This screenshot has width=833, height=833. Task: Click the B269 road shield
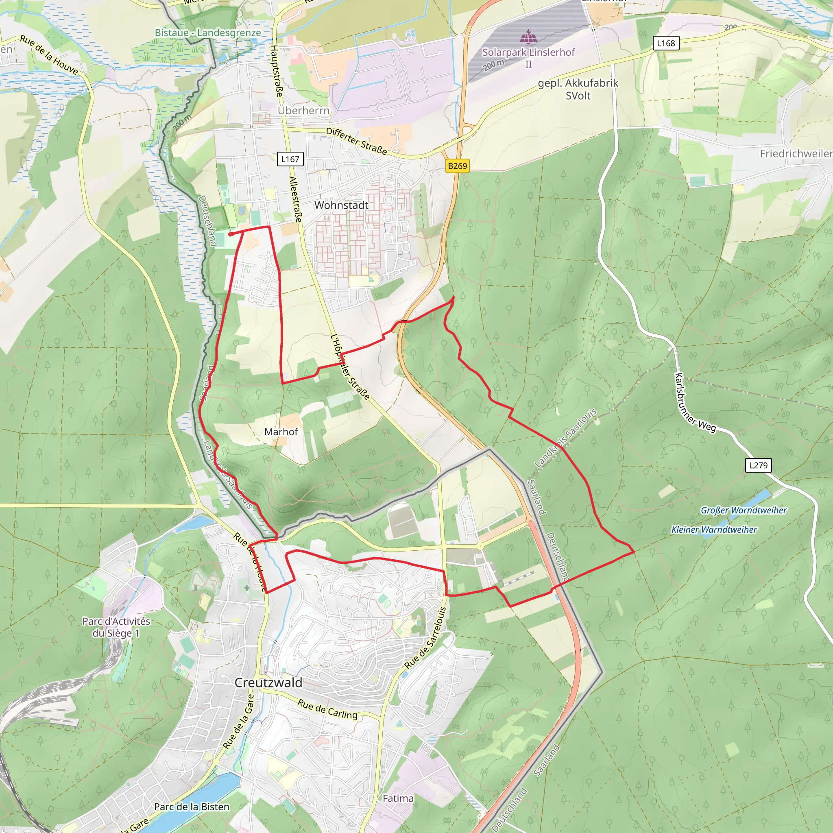click(458, 166)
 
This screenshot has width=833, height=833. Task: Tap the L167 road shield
click(290, 159)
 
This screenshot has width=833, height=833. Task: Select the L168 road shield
click(666, 43)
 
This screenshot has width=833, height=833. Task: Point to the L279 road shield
click(759, 465)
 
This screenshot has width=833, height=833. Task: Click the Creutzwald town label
click(268, 683)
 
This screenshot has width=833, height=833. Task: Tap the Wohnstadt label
click(341, 205)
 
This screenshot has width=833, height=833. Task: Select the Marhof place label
click(281, 432)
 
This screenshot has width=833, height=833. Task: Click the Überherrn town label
click(303, 110)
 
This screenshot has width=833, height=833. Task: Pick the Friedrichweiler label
click(796, 153)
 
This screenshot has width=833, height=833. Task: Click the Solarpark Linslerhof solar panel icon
click(528, 37)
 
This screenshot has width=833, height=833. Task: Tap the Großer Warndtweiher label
click(744, 510)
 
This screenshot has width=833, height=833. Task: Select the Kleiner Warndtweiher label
click(714, 530)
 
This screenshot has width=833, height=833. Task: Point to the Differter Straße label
click(356, 141)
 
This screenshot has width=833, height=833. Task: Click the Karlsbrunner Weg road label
click(695, 402)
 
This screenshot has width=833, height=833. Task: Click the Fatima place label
click(398, 798)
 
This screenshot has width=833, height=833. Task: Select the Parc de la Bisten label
click(192, 807)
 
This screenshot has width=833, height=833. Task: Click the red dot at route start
click(231, 234)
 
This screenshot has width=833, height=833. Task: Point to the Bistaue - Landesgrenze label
click(208, 33)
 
